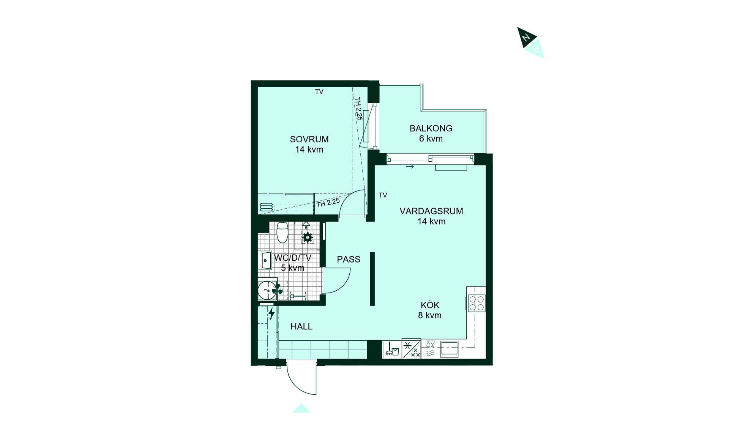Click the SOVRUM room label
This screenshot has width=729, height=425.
tap(309, 139)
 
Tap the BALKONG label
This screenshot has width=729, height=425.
tap(431, 128)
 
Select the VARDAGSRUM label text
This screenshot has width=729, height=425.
tap(431, 211)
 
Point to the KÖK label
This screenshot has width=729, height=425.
tap(430, 305)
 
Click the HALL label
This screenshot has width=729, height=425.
tap(301, 326)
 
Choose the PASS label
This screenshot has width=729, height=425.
tap(349, 260)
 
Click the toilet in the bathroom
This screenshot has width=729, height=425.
tap(282, 232)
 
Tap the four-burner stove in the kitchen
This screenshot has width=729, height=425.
tap(477, 303)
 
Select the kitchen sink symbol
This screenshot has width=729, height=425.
tap(449, 349)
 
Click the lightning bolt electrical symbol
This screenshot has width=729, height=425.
tap(271, 314)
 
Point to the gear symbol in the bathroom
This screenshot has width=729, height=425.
tap(308, 238)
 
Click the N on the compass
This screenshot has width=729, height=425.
tap(526, 38)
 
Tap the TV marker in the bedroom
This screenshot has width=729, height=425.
tap(319, 92)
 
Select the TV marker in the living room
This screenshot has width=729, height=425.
tap(383, 195)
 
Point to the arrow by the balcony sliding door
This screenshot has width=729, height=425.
tap(410, 167)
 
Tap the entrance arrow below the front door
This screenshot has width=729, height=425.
tap(301, 408)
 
